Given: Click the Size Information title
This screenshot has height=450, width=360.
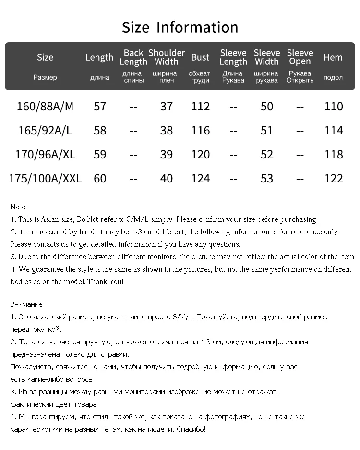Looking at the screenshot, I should click(180, 27).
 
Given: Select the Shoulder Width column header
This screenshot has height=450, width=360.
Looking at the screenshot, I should click(167, 57).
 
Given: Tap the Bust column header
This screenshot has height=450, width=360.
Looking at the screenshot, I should click(200, 57).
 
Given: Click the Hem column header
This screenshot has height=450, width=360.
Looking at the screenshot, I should click(333, 57).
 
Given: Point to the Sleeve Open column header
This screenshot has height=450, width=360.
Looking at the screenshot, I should click(300, 57).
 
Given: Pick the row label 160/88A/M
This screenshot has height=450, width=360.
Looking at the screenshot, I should click(45, 106).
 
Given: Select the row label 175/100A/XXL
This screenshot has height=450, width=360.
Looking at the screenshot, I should click(45, 179).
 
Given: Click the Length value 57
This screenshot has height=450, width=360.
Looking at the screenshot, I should click(100, 106).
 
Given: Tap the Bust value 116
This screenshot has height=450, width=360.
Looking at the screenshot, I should click(200, 131).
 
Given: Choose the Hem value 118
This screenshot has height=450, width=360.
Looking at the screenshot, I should click(334, 155).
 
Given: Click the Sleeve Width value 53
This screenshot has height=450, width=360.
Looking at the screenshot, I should click(267, 179).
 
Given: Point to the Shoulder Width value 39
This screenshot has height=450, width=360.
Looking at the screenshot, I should click(167, 155).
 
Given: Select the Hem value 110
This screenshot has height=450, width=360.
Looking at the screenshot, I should click(334, 106).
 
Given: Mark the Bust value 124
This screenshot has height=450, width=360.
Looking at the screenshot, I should click(200, 179).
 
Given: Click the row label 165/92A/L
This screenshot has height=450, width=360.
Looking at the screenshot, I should click(45, 131).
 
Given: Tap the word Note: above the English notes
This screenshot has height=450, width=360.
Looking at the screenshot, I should click(19, 207).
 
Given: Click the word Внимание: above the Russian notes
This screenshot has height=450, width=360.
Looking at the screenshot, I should click(27, 304).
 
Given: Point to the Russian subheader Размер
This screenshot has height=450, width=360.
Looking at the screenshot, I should click(45, 77).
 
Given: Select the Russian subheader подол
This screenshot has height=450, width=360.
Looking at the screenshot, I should click(333, 77).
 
